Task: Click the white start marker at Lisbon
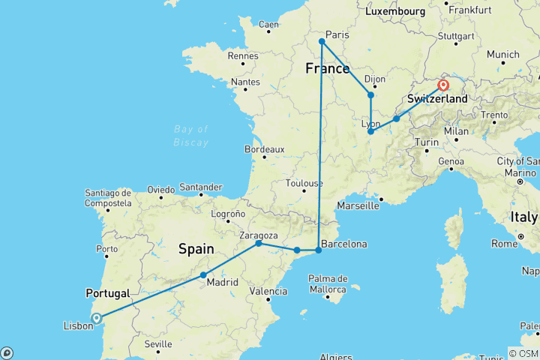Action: pos(97,318)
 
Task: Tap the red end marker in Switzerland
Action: pos(443,85)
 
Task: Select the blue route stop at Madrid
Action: pos(203,275)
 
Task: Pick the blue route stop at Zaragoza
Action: pos(259,244)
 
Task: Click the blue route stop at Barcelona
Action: pos(319,250)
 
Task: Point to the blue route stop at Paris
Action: pos(321,41)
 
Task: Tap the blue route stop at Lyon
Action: pos(371,132)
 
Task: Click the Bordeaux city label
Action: pos(265,149)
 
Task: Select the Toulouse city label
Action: pos(304,183)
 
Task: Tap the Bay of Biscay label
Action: pos(190,134)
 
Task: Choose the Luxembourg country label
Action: pos(394,12)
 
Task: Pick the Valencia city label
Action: pos(267,291)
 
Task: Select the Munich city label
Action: pos(502,55)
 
